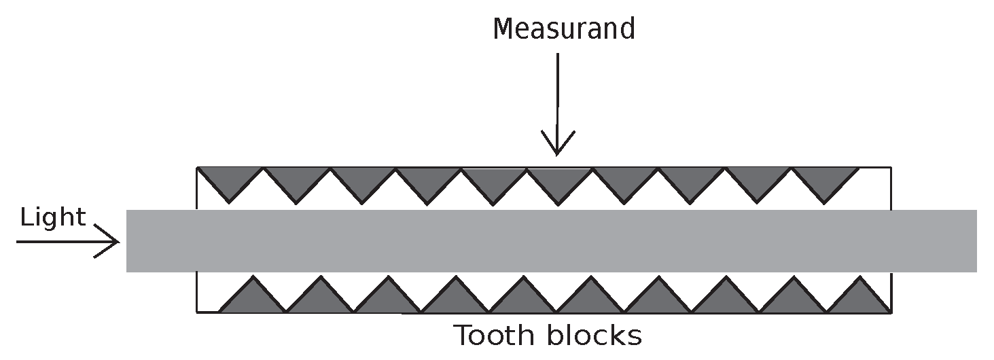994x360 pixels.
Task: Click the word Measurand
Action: coord(563,29)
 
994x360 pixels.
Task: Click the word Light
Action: coord(53,217)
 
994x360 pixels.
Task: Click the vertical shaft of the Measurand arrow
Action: coord(557,95)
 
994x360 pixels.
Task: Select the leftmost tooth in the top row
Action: coord(230,180)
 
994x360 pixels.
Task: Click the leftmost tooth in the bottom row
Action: coord(253,299)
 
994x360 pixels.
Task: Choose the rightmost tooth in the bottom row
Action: coord(857,299)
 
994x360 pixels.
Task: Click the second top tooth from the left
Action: coord(296,180)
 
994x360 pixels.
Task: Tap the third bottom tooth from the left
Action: coord(387,299)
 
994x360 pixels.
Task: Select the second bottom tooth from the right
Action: coord(791,299)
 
